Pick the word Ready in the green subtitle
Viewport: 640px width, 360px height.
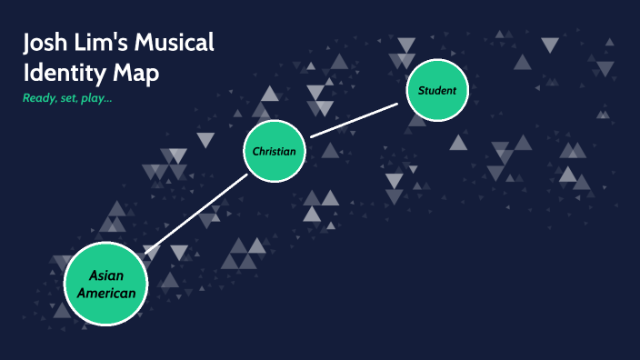[38, 97]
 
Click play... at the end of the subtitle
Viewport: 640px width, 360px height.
[98, 97]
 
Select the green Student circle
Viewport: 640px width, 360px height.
[437, 90]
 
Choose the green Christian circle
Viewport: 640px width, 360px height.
[275, 151]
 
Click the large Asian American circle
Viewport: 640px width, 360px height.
[105, 284]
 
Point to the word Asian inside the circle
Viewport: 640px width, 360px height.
[105, 275]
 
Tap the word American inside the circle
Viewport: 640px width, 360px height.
[106, 293]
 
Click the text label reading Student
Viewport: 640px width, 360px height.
[437, 90]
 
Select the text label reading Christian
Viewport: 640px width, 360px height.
[275, 151]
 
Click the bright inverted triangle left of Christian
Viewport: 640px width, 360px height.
[205, 141]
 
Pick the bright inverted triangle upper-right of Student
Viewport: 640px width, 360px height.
[550, 45]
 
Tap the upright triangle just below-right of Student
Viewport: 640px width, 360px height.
[458, 142]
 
